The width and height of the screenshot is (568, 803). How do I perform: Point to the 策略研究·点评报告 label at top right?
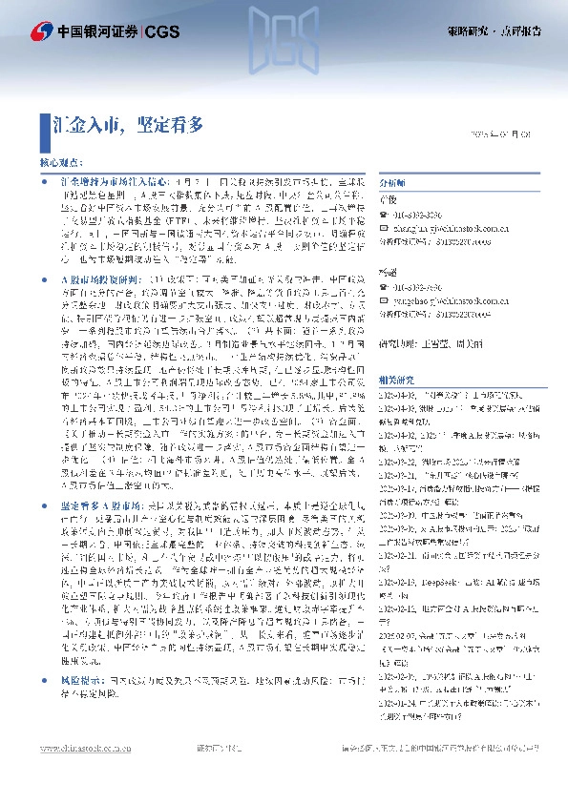pyautogui.click(x=494, y=31)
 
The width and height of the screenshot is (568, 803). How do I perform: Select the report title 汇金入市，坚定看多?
pyautogui.click(x=128, y=124)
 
